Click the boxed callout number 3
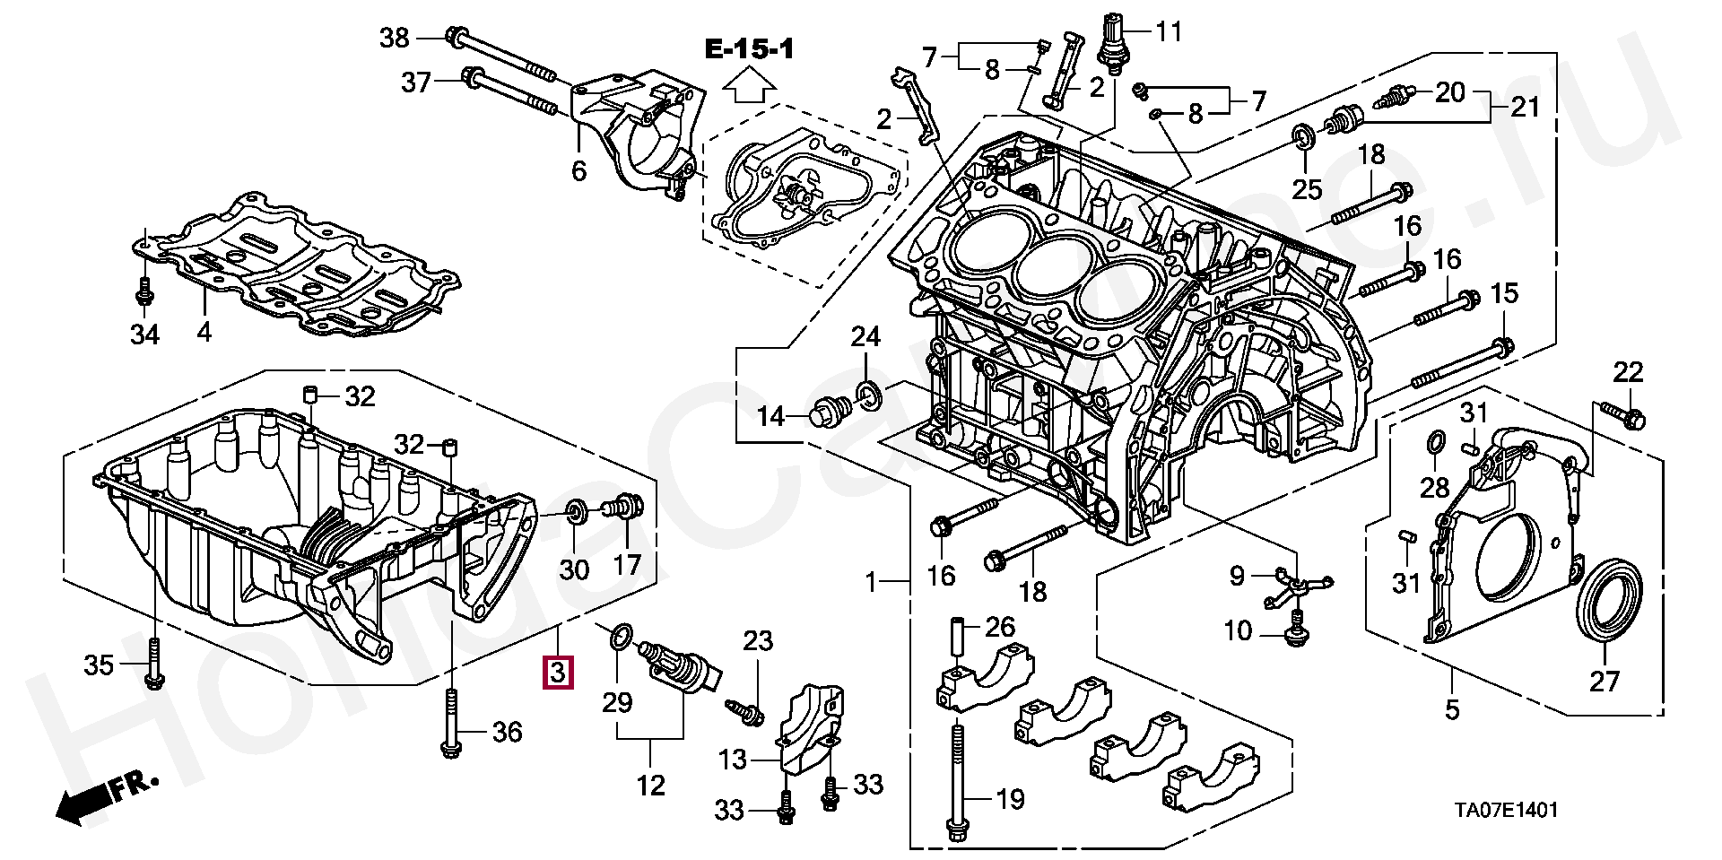click(557, 672)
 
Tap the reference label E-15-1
click(749, 49)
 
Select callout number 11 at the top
click(1169, 32)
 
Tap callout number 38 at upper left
click(394, 38)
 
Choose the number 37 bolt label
click(416, 83)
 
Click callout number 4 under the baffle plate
click(204, 333)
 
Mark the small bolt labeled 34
click(143, 291)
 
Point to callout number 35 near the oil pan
click(100, 665)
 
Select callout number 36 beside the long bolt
click(507, 733)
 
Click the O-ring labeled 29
click(618, 638)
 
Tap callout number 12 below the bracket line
click(650, 786)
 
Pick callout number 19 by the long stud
click(1010, 798)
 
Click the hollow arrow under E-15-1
click(749, 87)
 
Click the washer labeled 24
click(868, 394)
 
